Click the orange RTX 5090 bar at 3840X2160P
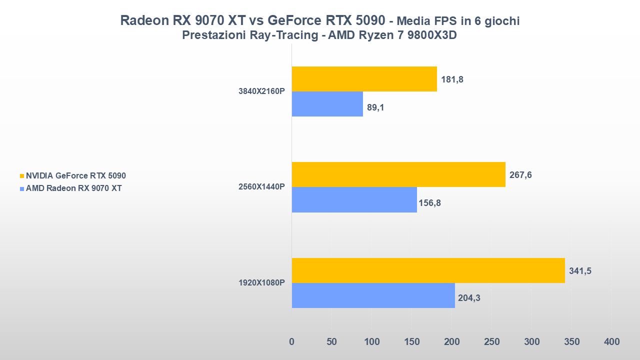coord(364,79)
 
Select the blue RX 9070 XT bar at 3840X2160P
coord(327,104)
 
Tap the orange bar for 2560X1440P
coord(398,174)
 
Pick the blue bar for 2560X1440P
coord(354,199)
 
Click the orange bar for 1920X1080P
coord(428,270)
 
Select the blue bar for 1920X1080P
coord(373,295)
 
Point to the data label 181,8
coord(452,79)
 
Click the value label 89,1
coord(375,107)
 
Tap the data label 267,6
coord(520,175)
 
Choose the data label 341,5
coord(580,271)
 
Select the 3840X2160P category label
coord(261,91)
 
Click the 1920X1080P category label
coord(261,283)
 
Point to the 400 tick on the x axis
coord(611,342)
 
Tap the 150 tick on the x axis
coord(411,342)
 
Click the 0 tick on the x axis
coord(292,342)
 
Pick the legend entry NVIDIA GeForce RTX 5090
coord(75,176)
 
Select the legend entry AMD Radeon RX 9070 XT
coord(73,188)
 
